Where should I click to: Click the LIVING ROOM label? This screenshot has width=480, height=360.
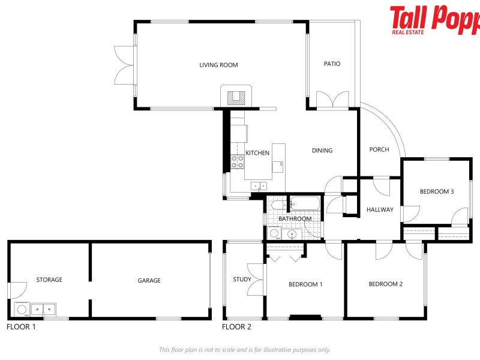tap(218, 65)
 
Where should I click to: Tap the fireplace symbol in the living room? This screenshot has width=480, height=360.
tap(237, 96)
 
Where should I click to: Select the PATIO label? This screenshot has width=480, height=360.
tap(332, 64)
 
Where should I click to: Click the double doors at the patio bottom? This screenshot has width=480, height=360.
tap(332, 100)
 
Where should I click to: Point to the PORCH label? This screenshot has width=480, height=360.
tap(379, 149)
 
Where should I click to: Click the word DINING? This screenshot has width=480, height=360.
tap(322, 151)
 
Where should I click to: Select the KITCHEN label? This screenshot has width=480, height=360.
tap(257, 153)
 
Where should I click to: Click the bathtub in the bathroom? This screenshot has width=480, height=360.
tap(305, 205)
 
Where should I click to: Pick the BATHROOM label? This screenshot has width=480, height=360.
tap(295, 218)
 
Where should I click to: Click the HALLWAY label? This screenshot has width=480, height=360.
tap(380, 209)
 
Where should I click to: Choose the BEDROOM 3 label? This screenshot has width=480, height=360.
tap(436, 191)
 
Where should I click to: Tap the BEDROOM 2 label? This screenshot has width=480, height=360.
tap(385, 284)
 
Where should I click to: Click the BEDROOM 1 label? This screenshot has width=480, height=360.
tap(305, 284)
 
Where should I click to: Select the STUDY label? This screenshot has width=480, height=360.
tap(242, 279)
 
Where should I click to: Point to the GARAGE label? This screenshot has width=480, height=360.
tap(149, 280)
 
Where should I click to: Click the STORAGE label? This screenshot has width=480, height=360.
tap(49, 280)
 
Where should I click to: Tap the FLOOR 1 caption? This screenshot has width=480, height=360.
tap(22, 327)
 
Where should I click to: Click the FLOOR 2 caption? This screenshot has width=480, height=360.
tap(237, 327)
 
